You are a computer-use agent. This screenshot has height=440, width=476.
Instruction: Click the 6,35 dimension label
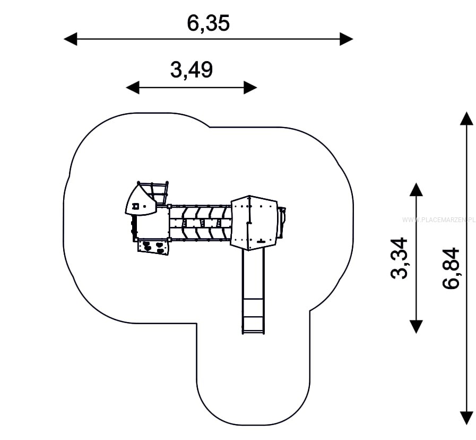click(208, 23)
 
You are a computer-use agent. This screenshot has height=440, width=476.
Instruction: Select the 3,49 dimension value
click(191, 70)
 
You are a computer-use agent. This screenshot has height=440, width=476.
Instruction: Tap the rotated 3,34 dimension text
click(399, 258)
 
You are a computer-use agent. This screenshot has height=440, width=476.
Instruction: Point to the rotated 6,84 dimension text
click(451, 268)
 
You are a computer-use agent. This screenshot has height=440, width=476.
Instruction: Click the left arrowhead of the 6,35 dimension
click(71, 39)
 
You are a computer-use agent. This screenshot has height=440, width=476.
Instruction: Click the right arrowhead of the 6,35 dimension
click(347, 39)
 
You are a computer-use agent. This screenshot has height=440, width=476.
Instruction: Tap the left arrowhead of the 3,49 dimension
click(133, 88)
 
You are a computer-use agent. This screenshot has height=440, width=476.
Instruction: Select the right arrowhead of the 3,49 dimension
click(250, 88)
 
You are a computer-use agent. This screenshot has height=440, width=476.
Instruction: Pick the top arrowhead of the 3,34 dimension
click(416, 189)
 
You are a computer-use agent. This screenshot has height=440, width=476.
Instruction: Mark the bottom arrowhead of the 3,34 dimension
click(416, 327)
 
